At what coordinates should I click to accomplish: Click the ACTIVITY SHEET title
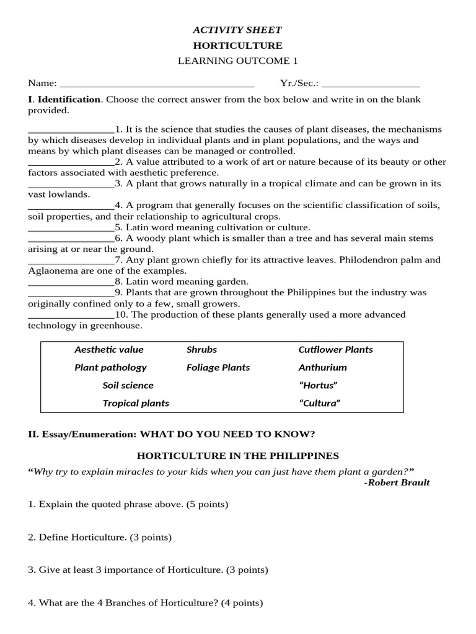(237, 30)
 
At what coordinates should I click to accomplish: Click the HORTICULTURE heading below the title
(237, 45)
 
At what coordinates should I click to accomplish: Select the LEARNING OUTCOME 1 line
(237, 61)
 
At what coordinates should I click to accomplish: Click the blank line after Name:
(156, 84)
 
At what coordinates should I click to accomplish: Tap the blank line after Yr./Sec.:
(371, 84)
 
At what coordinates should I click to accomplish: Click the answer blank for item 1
(71, 130)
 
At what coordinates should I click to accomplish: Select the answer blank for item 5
(71, 228)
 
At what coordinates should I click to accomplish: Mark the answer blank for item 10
(71, 315)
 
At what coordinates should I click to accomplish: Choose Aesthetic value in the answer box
(109, 350)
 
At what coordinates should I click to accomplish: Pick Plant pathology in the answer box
(110, 368)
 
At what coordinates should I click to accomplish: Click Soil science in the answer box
(128, 386)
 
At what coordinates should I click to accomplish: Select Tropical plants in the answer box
(136, 404)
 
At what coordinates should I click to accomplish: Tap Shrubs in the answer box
(201, 350)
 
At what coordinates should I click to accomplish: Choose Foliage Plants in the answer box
(218, 368)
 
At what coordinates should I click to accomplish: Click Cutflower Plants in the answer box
(335, 350)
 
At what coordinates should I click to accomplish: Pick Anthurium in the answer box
(322, 368)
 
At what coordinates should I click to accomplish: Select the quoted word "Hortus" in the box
(318, 386)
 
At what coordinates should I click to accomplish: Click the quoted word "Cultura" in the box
(320, 404)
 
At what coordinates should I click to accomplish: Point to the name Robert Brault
(399, 482)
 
